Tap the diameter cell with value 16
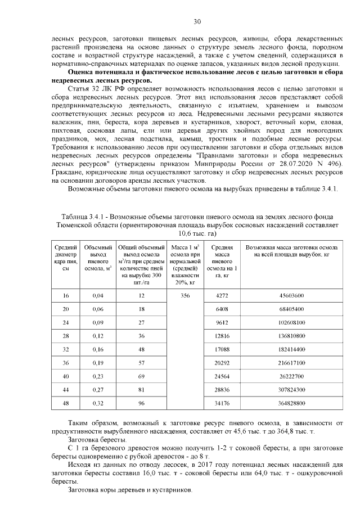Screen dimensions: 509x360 (66, 295)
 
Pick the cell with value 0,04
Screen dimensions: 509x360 (98, 295)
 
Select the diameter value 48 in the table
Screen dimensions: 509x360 (66, 403)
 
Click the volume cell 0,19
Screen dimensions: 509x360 (98, 363)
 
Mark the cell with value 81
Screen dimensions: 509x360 (141, 390)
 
